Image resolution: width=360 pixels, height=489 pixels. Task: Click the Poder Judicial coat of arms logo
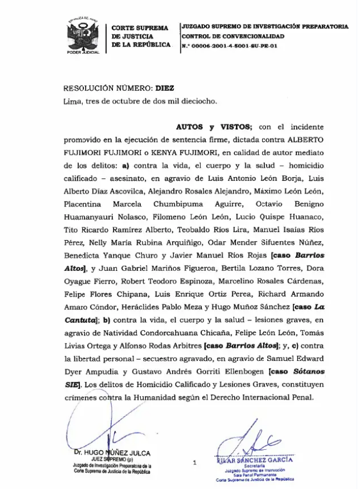pos(82,36)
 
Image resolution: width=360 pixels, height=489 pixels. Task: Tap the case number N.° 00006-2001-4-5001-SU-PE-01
pos(229,47)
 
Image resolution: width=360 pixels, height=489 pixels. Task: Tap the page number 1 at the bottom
pos(194,462)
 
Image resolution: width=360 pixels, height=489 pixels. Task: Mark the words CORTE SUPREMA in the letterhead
pos(140,27)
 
